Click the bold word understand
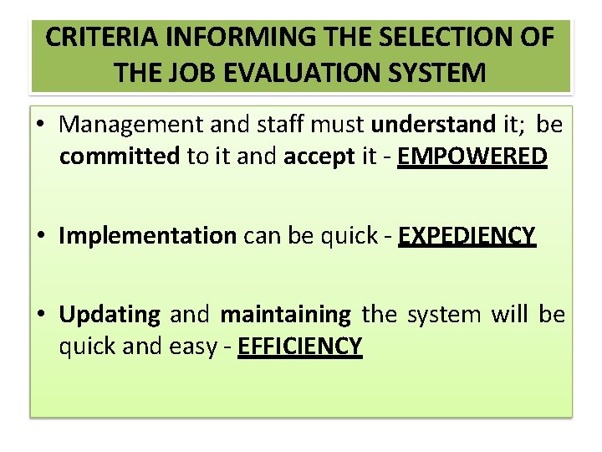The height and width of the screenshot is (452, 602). (433, 125)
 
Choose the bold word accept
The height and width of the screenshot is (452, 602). (319, 157)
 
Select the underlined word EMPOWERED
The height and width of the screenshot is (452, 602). (472, 157)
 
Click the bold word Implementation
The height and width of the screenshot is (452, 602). (148, 237)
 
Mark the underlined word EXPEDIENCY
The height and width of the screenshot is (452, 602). (467, 237)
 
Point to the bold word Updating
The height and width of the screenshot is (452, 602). (110, 315)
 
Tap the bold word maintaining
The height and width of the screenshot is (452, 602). (285, 315)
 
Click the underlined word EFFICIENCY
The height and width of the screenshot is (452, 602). (300, 346)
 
